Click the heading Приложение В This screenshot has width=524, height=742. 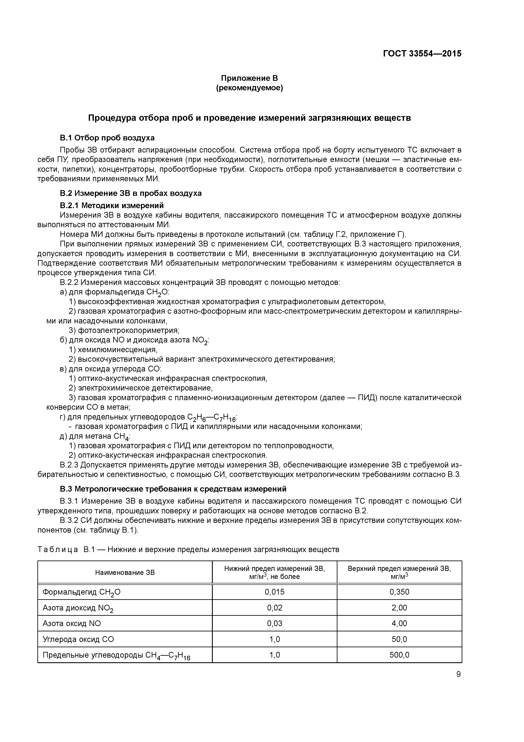point(249,78)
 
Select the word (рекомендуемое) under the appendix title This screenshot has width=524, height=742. point(249,88)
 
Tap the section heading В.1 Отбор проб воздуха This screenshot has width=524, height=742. point(107,138)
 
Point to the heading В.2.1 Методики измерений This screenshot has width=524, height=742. point(112,206)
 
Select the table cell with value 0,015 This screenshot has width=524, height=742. point(274,592)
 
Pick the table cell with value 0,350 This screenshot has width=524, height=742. point(399,592)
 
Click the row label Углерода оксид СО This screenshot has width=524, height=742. point(78,639)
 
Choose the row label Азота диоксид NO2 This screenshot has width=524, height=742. point(78,608)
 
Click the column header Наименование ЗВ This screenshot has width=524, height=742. point(125,573)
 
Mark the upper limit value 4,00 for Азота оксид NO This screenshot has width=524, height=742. point(399,623)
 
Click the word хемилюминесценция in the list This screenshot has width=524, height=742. point(117,350)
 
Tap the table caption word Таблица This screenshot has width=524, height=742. point(57,549)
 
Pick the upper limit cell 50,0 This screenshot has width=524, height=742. point(399,639)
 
